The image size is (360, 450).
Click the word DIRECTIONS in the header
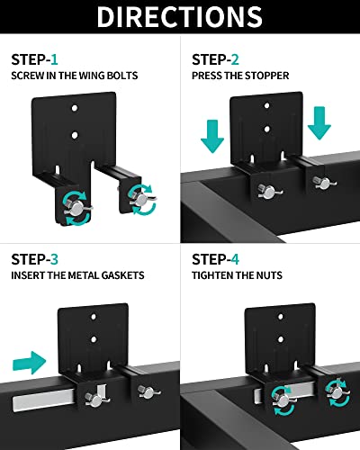tap(180, 17)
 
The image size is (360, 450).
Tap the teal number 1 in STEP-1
tap(54, 59)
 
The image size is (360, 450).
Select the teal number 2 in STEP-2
tap(235, 59)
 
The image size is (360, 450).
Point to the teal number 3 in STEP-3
tap(54, 259)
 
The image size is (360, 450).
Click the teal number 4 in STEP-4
tap(235, 259)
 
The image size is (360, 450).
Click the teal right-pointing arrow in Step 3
tap(30, 363)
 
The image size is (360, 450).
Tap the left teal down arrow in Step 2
tap(212, 137)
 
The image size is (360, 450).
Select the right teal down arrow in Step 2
tap(319, 123)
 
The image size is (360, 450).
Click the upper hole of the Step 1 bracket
tap(75, 108)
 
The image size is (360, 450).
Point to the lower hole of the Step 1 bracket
tap(75, 136)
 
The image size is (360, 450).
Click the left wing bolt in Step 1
tap(77, 207)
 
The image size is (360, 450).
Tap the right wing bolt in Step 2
tap(324, 183)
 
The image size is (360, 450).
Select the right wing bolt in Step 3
tap(148, 391)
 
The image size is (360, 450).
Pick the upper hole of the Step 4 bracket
tap(280, 317)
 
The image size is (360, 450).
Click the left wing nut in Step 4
tap(283, 400)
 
